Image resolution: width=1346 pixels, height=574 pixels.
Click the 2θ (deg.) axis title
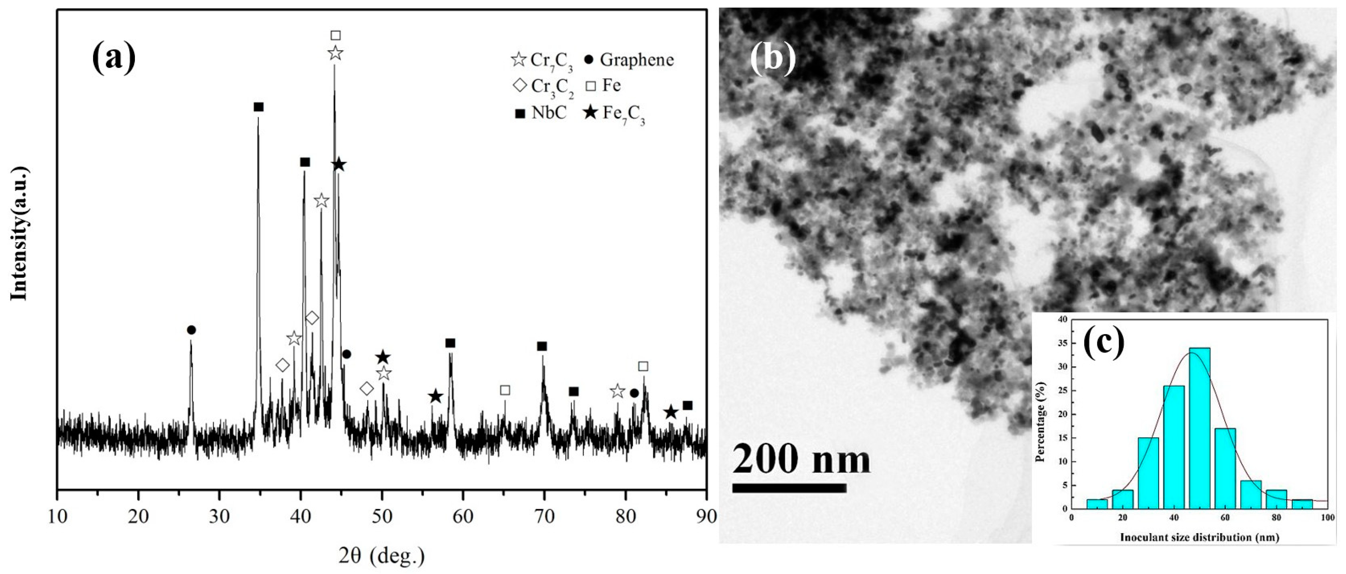point(381,556)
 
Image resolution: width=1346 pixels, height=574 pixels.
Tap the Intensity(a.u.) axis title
point(19,234)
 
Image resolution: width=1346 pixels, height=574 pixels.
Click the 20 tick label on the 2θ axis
point(139,516)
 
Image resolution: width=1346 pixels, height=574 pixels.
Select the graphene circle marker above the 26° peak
point(191,330)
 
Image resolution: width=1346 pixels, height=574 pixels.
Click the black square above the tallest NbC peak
point(258,107)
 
